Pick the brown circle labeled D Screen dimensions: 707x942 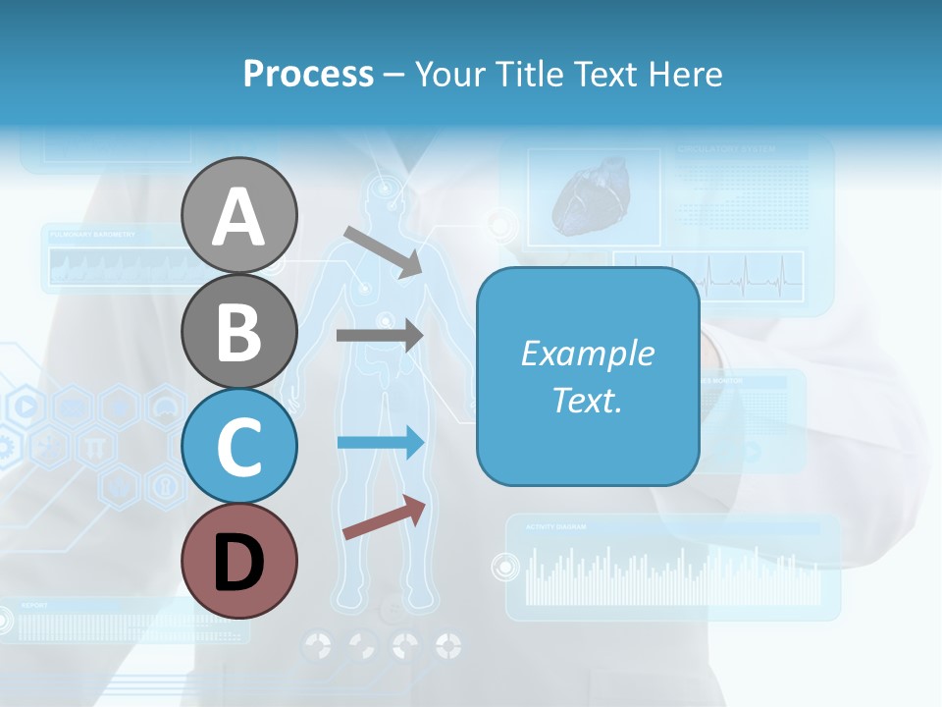(x=238, y=561)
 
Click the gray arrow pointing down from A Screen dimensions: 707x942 (x=383, y=249)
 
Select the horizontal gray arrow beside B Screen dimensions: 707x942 (x=379, y=335)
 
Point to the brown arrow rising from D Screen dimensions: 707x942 (x=384, y=518)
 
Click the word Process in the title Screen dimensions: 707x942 (x=308, y=74)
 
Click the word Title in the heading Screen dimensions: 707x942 (x=527, y=74)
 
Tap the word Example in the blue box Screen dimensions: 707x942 (x=587, y=353)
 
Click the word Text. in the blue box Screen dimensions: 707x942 (x=587, y=400)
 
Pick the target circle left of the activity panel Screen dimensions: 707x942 (x=504, y=567)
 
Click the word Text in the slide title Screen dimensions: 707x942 (x=602, y=74)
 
